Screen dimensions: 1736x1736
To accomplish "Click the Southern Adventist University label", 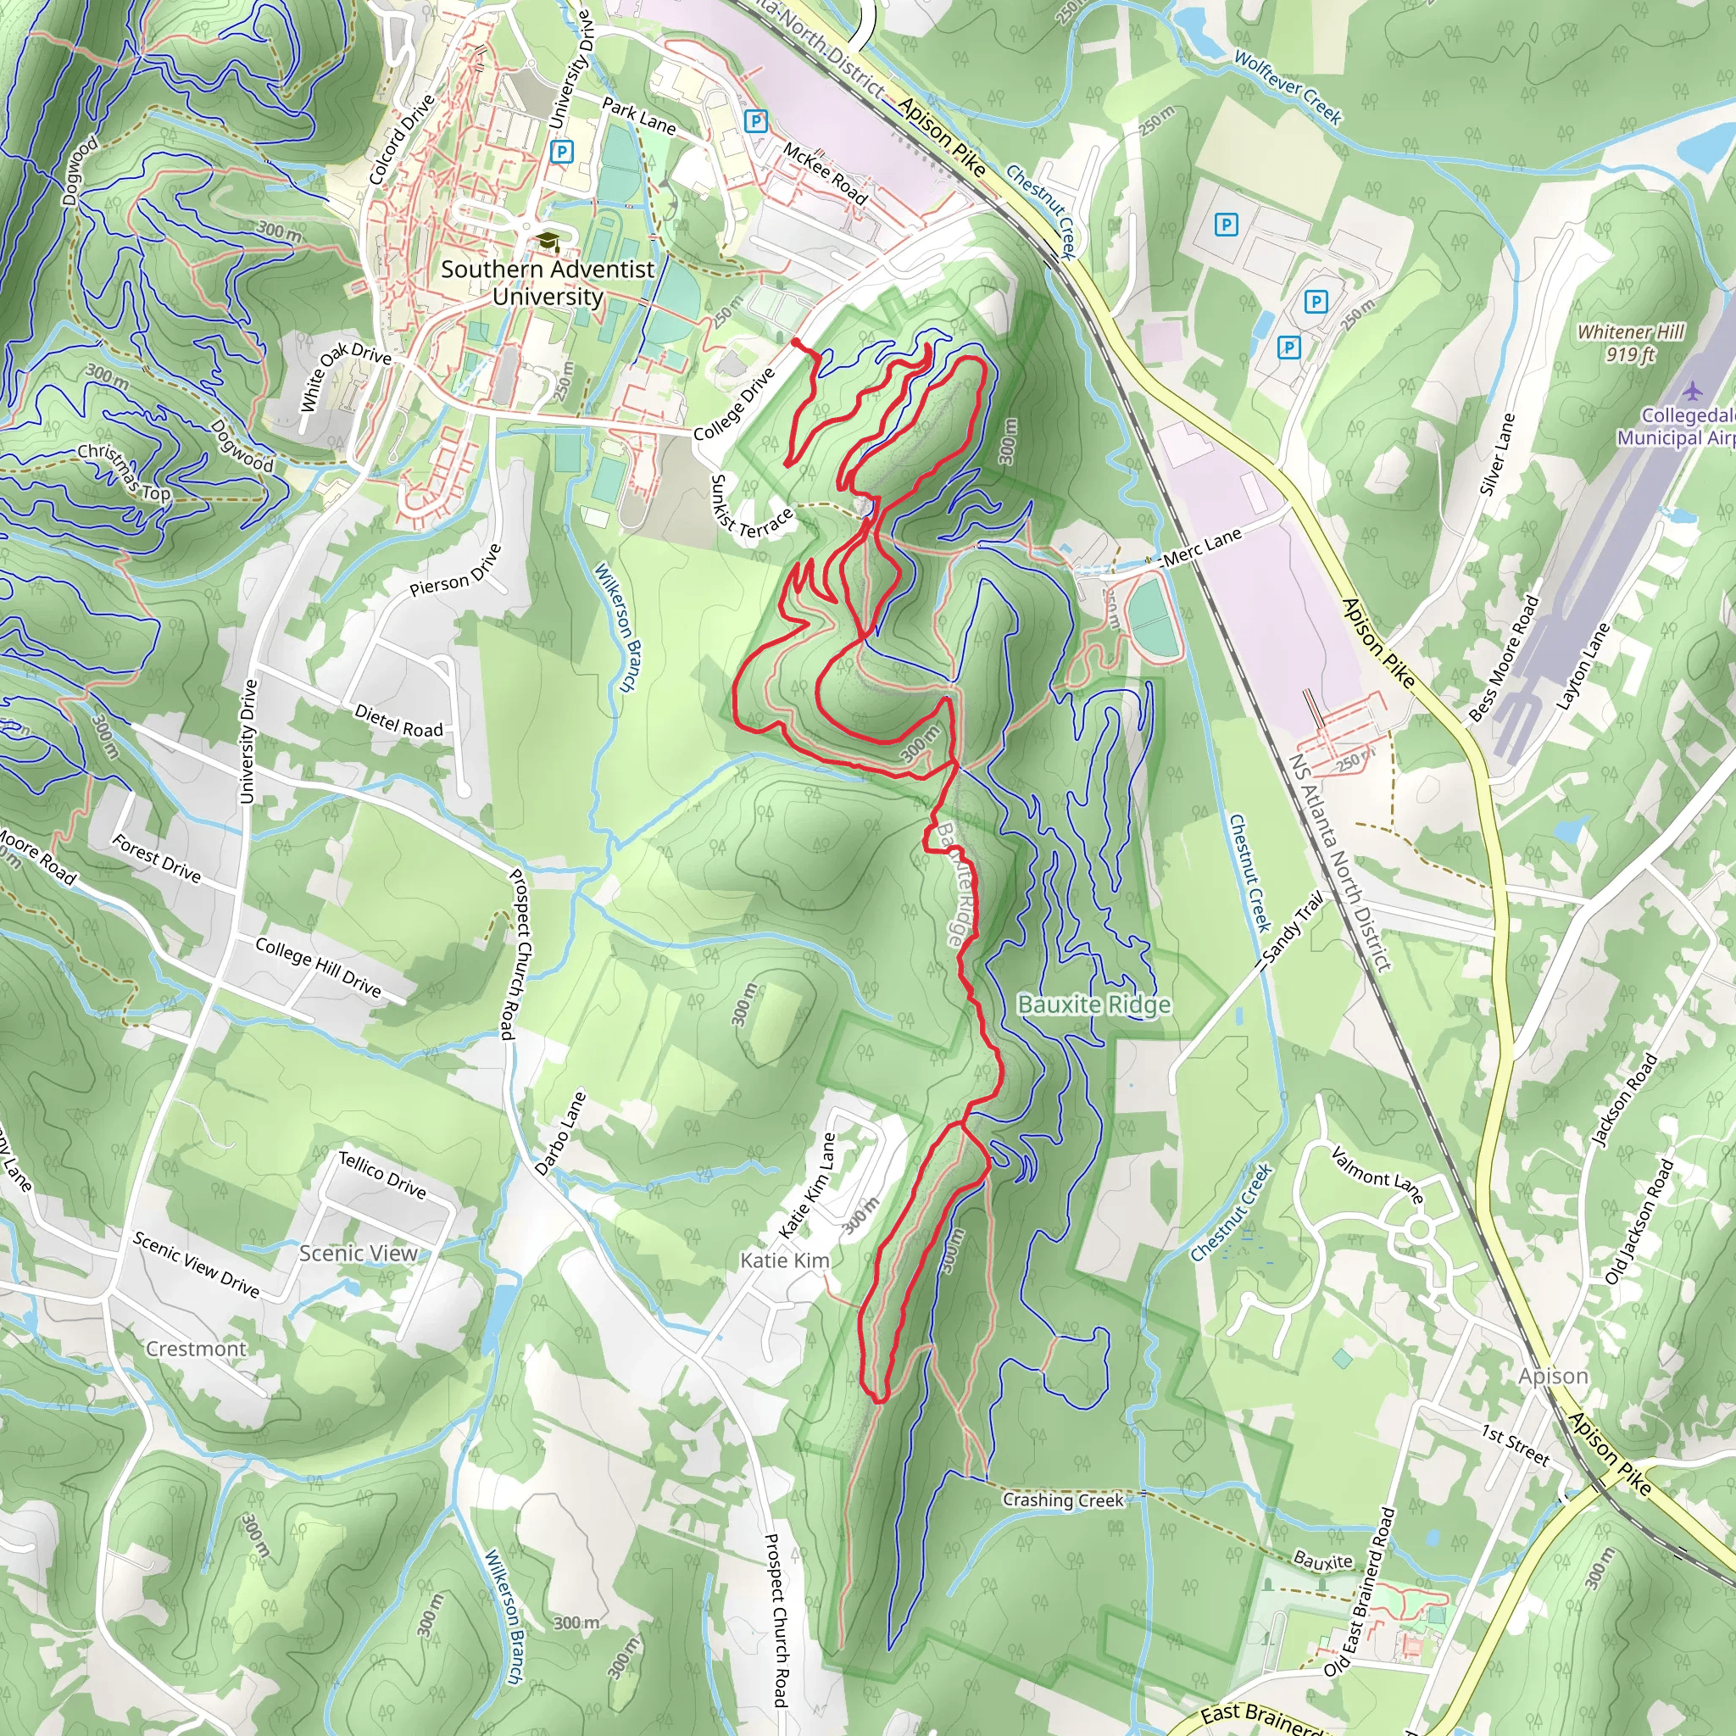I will click(548, 282).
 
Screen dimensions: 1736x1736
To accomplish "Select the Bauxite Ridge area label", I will click(1093, 1004).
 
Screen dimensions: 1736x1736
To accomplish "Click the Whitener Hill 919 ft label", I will click(1630, 343).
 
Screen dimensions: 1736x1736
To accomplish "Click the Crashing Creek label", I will click(1063, 1500).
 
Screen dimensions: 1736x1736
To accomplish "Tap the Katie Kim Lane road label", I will click(807, 1185).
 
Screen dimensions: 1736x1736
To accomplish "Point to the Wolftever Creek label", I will click(1288, 87).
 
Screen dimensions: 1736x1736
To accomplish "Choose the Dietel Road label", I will click(399, 721).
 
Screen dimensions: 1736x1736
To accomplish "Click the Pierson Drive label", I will click(455, 570).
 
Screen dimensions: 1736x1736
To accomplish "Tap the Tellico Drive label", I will click(382, 1174).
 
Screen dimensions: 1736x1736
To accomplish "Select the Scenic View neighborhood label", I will click(358, 1253).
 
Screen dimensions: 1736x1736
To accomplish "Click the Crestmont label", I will click(196, 1349).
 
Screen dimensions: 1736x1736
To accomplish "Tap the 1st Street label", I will click(1516, 1446).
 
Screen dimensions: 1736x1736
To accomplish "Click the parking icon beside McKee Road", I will click(755, 120).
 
